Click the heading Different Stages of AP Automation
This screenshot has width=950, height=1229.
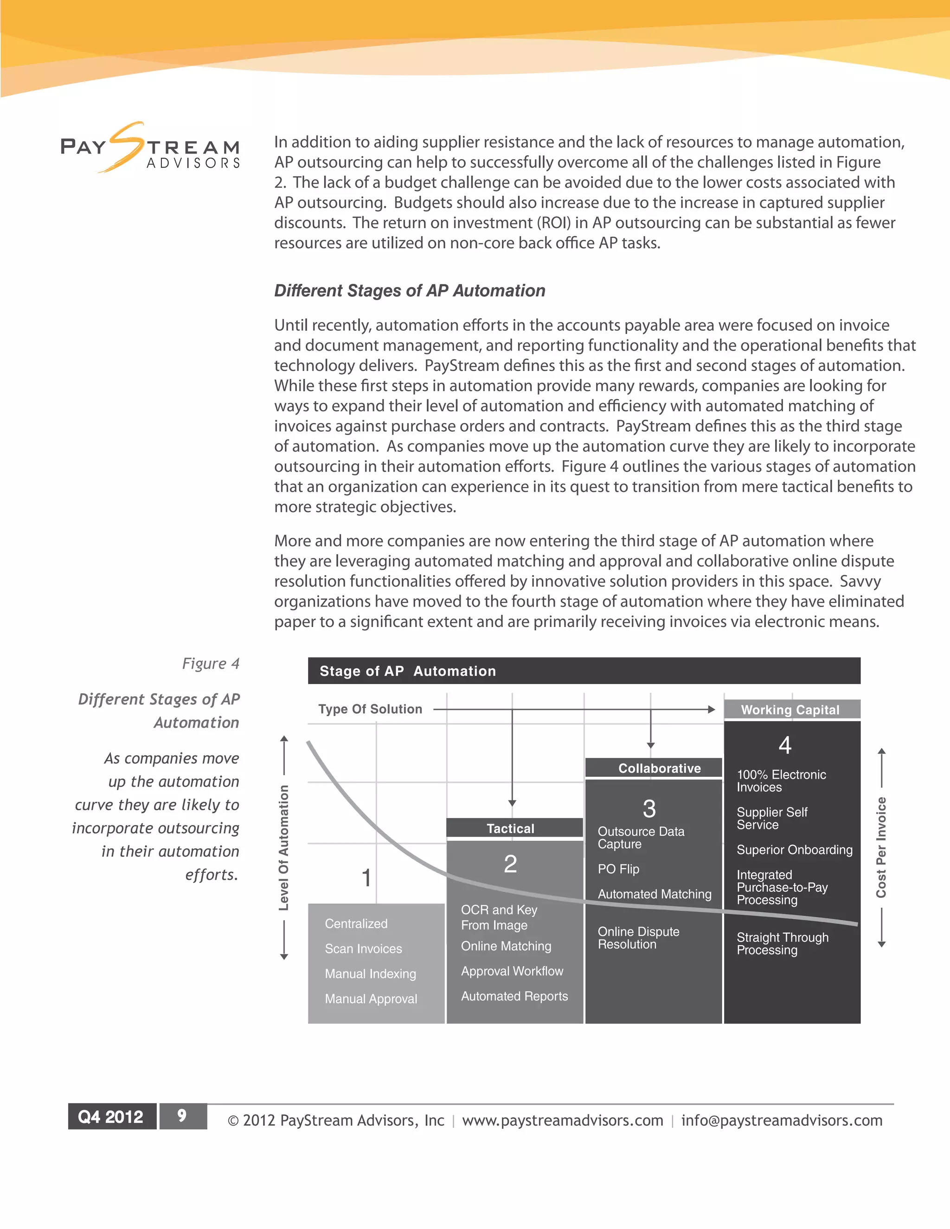tap(409, 290)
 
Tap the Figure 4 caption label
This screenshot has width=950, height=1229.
tap(211, 664)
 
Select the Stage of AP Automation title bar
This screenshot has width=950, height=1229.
tap(584, 671)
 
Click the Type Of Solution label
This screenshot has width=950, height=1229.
tap(370, 709)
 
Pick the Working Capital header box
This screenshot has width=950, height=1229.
tap(791, 709)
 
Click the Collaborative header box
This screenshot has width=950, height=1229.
tap(659, 768)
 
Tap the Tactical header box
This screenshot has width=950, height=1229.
tap(510, 828)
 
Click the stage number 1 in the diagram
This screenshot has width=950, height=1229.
tap(366, 878)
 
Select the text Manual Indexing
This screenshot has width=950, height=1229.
tap(370, 973)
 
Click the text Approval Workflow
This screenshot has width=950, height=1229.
tap(512, 971)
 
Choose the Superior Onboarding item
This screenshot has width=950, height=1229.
tap(794, 850)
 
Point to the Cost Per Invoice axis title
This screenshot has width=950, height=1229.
tap(881, 847)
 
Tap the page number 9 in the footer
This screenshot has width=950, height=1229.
tap(182, 1116)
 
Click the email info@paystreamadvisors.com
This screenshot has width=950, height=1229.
tap(781, 1120)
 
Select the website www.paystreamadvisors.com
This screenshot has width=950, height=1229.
tap(562, 1120)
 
